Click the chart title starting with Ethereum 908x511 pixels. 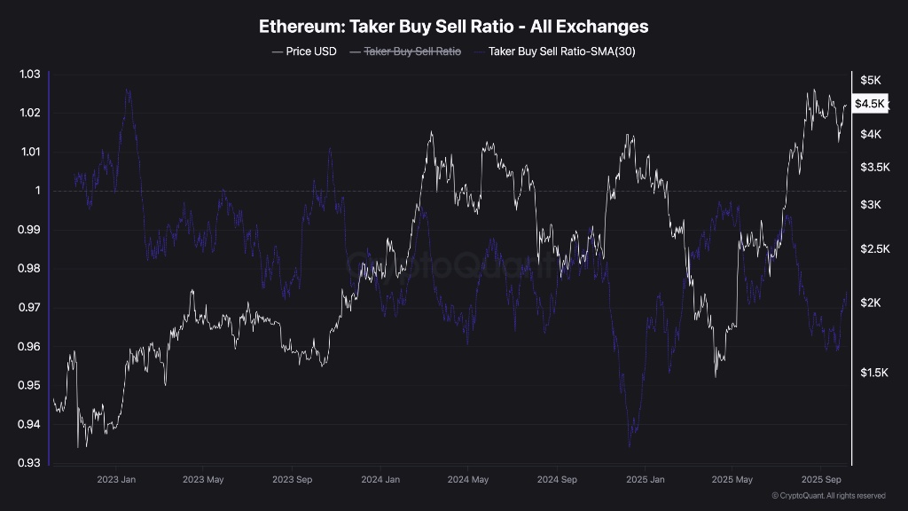453,27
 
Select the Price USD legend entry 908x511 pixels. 304,51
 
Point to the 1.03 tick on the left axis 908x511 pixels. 30,74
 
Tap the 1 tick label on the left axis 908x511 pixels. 37,191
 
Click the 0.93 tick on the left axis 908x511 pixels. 30,463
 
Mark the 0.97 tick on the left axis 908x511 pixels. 30,308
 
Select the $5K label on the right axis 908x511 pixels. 870,81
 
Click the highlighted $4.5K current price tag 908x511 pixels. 870,104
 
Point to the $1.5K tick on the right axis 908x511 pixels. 873,373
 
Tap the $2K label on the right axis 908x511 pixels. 870,303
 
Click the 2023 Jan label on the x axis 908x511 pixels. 115,480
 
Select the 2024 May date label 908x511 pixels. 468,480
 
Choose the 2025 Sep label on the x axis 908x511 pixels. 821,480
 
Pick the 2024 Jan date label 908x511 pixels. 380,480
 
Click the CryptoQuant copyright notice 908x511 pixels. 828,496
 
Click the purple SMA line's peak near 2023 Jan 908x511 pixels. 128,89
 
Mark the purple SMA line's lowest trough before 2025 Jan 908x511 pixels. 630,446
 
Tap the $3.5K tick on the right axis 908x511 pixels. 873,168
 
